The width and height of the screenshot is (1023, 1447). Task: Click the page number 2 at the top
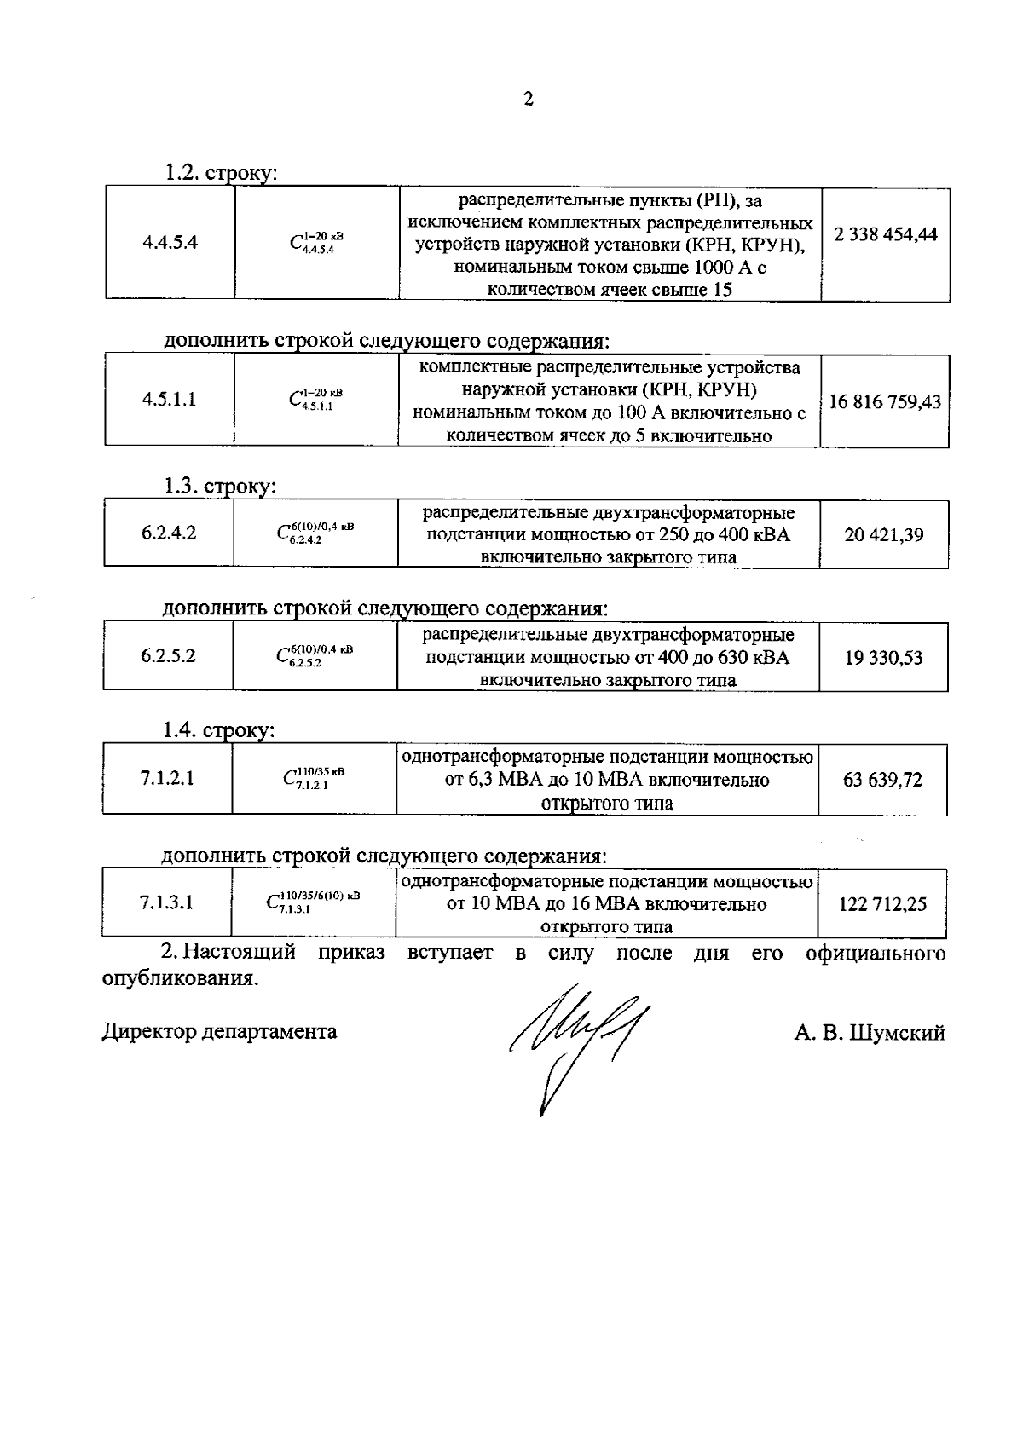pyautogui.click(x=528, y=100)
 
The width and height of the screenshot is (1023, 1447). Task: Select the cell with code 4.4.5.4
pyautogui.click(x=170, y=241)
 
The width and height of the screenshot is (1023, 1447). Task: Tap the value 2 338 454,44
pyautogui.click(x=886, y=234)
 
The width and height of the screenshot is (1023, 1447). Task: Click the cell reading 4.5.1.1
pyautogui.click(x=170, y=399)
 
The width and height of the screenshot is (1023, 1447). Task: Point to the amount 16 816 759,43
pyautogui.click(x=885, y=401)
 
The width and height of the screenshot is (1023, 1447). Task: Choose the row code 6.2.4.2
pyautogui.click(x=169, y=533)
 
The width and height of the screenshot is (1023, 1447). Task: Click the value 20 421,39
pyautogui.click(x=884, y=535)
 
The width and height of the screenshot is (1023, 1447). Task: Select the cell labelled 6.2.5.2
pyautogui.click(x=168, y=656)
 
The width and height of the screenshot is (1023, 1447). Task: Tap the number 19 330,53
pyautogui.click(x=883, y=658)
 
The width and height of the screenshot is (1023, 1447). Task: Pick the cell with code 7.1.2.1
pyautogui.click(x=167, y=778)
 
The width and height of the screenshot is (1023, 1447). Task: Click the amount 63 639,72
pyautogui.click(x=882, y=780)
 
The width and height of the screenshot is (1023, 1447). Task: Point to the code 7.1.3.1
pyautogui.click(x=167, y=902)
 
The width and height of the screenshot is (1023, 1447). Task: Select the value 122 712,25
pyautogui.click(x=882, y=904)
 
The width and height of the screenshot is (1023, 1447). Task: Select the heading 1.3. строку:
pyautogui.click(x=220, y=486)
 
